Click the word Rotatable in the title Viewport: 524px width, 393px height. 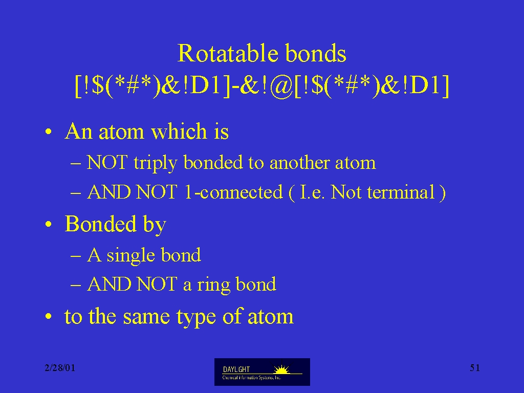(x=228, y=53)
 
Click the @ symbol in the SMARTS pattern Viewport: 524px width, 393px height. (x=280, y=86)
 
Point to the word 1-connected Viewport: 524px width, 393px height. (x=233, y=192)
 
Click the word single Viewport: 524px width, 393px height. (x=130, y=256)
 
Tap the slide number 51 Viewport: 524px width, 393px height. (x=475, y=368)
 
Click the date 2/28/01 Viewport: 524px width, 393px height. (x=60, y=368)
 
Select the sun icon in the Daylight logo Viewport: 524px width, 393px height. (x=281, y=369)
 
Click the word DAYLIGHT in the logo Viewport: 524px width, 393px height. (x=236, y=369)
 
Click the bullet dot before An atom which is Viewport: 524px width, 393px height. (x=49, y=132)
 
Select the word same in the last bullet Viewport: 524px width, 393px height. (x=146, y=317)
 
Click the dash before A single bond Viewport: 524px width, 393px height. (x=76, y=256)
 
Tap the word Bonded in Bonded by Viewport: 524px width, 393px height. (x=101, y=224)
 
